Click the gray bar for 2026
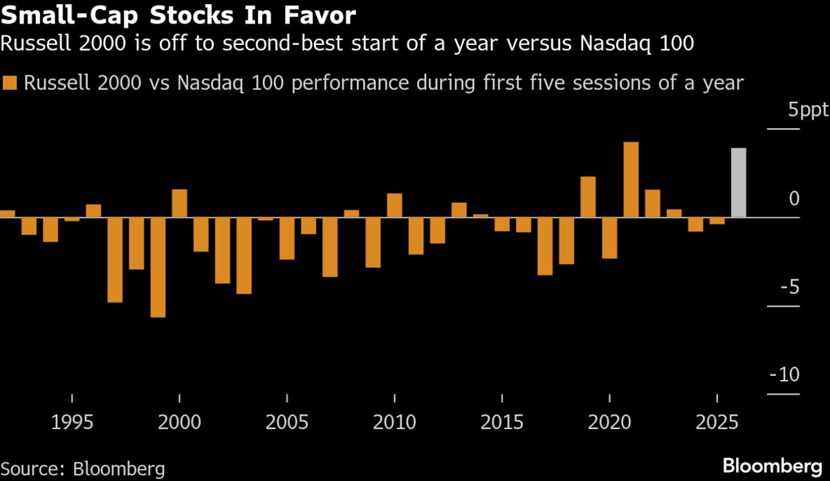click(x=739, y=183)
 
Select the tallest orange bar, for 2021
click(x=631, y=179)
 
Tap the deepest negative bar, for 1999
click(x=158, y=267)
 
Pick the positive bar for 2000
click(x=179, y=203)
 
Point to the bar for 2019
click(x=588, y=197)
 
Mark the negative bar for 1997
click(x=115, y=260)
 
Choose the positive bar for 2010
click(x=394, y=205)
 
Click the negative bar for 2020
click(x=609, y=237)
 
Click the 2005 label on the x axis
click(x=287, y=421)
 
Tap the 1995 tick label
click(x=72, y=421)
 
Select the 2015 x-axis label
click(x=501, y=421)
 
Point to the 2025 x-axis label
click(x=717, y=421)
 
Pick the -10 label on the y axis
click(x=785, y=375)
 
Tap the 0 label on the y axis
click(x=794, y=199)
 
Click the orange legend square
click(x=10, y=84)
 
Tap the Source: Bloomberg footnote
click(x=83, y=469)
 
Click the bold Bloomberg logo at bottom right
click(x=773, y=465)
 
